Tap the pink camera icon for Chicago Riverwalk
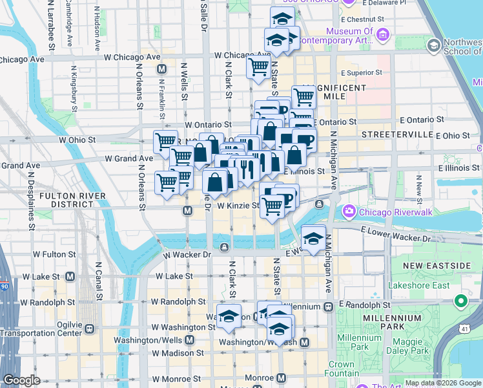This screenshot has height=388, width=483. pyautogui.click(x=349, y=211)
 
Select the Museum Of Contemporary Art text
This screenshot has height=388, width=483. pyautogui.click(x=349, y=36)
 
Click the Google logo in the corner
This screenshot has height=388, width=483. pyautogui.click(x=21, y=380)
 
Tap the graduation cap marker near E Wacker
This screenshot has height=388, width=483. pyautogui.click(x=313, y=239)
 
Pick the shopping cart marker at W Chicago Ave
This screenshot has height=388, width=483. pyautogui.click(x=259, y=67)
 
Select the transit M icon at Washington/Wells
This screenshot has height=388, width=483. pyautogui.click(x=190, y=339)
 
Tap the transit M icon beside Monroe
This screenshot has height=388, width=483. pyautogui.click(x=281, y=377)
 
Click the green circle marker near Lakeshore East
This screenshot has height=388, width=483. pyautogui.click(x=460, y=301)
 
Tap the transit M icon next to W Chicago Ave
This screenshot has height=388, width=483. pyautogui.click(x=161, y=69)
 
